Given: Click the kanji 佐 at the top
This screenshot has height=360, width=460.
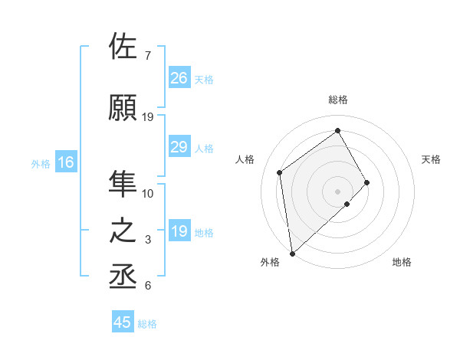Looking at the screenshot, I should tap(124, 47).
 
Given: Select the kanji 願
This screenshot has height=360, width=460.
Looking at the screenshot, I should tap(124, 106).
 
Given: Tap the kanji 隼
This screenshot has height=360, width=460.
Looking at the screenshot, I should tap(124, 183).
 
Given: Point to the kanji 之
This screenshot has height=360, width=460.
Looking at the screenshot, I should tap(124, 231).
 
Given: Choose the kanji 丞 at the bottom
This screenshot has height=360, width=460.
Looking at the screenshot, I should tap(124, 276).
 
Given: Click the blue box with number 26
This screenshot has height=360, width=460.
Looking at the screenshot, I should tap(179, 77).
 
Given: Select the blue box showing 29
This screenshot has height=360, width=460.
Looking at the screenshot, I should tap(179, 147).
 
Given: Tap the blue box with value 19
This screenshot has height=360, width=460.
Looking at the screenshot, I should tap(179, 231).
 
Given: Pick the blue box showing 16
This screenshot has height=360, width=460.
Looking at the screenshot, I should tap(65, 162).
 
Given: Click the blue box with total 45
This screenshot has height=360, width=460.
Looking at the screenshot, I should tap(123, 322).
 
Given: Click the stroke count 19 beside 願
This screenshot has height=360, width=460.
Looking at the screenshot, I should tap(148, 117).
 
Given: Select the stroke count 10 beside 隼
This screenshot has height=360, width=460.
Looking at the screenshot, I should tap(148, 194).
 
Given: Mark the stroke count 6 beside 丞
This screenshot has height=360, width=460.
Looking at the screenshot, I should tap(148, 286).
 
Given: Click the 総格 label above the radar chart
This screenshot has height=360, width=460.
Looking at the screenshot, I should tap(338, 100).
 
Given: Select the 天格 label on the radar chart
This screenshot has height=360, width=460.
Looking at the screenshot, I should tap(432, 159).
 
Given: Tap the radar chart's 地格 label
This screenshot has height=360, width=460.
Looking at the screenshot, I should tap(402, 262).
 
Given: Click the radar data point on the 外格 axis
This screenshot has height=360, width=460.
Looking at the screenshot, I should tap(291, 253).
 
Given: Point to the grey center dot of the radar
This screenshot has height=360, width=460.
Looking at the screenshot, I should tap(338, 190).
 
